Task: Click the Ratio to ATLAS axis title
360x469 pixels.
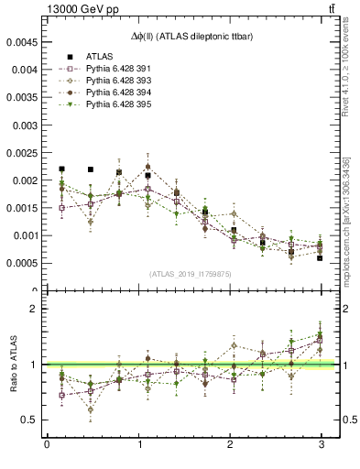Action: (x=10, y=364)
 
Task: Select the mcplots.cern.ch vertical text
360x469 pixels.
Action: (x=351, y=211)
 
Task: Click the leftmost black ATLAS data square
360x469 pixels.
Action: (x=61, y=169)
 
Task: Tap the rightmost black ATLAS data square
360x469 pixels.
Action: (x=321, y=258)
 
